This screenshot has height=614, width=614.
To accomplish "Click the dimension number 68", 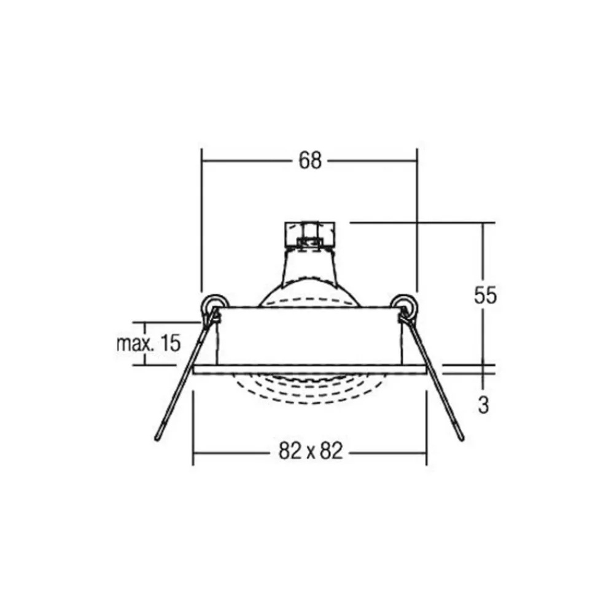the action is (x=310, y=160).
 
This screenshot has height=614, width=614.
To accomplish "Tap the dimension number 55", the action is (x=485, y=295).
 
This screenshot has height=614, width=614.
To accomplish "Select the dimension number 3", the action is (x=484, y=405).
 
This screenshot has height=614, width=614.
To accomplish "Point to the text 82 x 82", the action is (x=311, y=451).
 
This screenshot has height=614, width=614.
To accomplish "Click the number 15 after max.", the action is (x=170, y=343).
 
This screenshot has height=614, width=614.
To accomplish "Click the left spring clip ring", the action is (x=214, y=305).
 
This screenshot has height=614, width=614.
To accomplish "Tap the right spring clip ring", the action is (x=404, y=305).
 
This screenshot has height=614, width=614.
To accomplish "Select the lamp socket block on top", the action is (x=309, y=235).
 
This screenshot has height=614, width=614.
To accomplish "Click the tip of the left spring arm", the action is (x=157, y=438).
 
